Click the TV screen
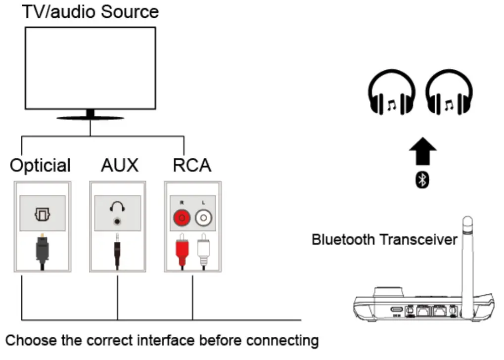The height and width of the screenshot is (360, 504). coord(90,68)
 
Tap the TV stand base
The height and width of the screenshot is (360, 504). coord(90,118)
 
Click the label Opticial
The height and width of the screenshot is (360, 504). coord(41,165)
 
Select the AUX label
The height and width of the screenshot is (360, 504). coord(119,165)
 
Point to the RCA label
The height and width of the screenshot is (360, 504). coord(192,165)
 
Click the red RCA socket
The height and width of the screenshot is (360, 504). coord(182,217)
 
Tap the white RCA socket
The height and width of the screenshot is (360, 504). coord(203,217)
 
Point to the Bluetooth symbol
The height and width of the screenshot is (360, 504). coord(422,180)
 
